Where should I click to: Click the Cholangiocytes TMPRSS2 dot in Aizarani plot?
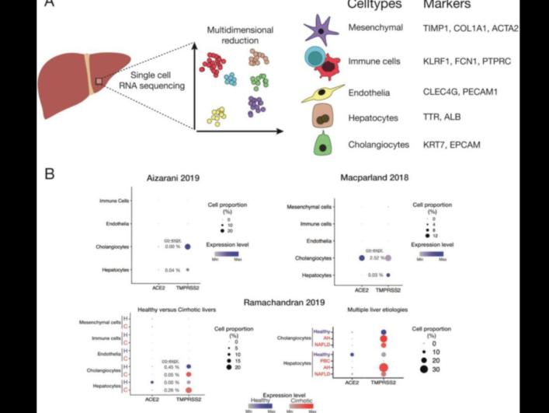click(188, 247)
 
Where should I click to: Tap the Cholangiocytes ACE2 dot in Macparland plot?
click(362, 257)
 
